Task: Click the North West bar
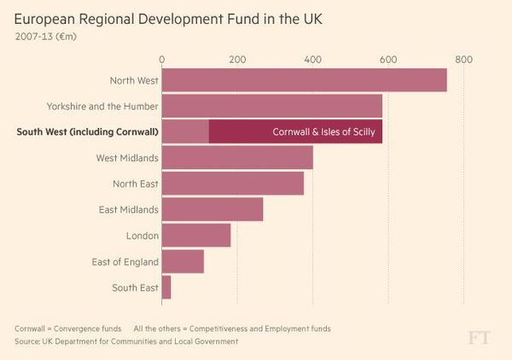point(304,80)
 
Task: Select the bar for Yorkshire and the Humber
point(271,106)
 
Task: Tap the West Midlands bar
point(237,158)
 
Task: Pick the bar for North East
point(232,183)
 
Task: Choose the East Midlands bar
point(212,209)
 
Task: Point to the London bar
point(196,235)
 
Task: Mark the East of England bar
point(183,261)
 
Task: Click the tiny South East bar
point(166,287)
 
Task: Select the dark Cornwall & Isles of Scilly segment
point(295,131)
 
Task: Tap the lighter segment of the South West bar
point(185,131)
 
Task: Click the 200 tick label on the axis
point(237,60)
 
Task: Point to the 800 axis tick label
point(463,60)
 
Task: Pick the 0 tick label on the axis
point(162,60)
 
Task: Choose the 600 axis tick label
point(388,60)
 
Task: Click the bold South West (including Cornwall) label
point(88,132)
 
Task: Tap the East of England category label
point(125,262)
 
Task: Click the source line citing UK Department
point(125,341)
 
